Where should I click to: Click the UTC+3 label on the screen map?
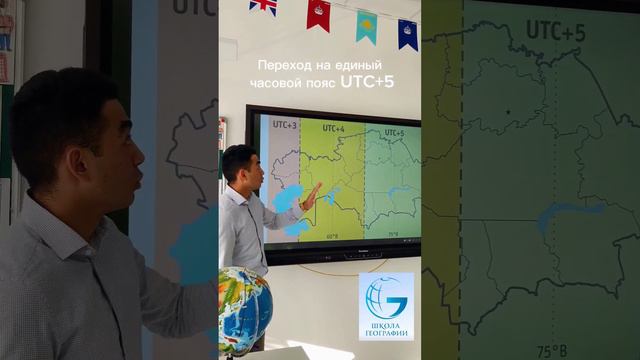point(284,126)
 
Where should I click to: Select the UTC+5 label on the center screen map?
point(393,132)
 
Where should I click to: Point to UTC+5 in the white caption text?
point(370,83)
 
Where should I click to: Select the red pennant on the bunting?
point(319,13)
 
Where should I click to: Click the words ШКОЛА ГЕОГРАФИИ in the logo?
point(386,329)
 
